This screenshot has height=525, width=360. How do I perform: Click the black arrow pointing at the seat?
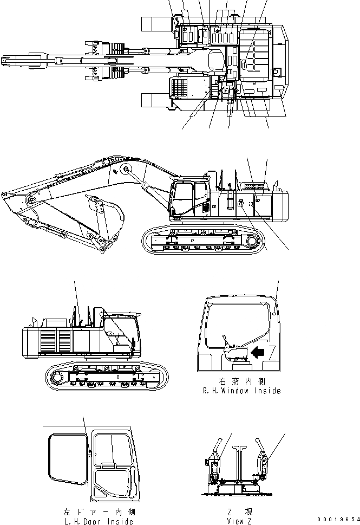[x=258, y=353]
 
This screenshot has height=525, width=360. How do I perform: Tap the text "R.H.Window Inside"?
[x=241, y=391]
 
